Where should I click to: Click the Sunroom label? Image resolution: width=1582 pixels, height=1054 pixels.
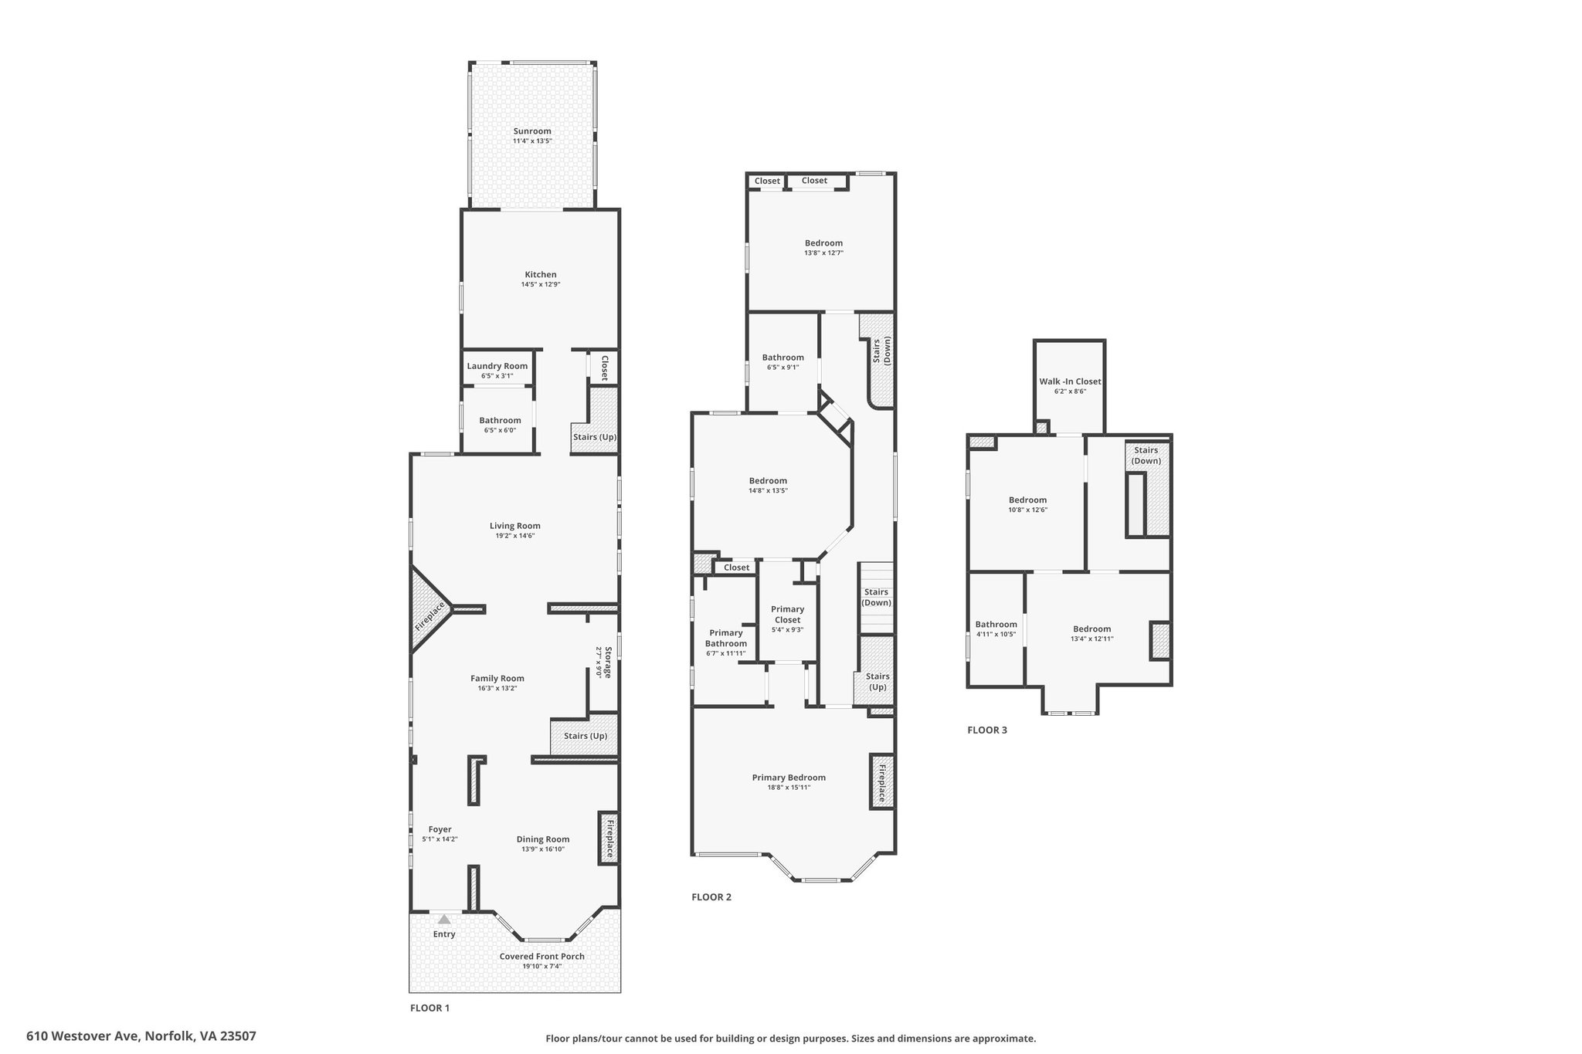[532, 131]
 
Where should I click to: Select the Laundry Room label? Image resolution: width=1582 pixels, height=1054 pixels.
[497, 366]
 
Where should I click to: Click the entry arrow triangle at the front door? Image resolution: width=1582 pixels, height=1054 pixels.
[444, 919]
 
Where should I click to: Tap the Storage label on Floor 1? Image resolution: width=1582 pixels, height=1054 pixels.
[608, 663]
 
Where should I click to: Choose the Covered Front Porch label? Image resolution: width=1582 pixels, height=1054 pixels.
[541, 956]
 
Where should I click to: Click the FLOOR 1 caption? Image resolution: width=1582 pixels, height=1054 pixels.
[429, 1008]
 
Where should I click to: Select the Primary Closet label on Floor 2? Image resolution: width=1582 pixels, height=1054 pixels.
[788, 615]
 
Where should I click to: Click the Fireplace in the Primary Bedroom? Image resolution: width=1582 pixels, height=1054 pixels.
[881, 781]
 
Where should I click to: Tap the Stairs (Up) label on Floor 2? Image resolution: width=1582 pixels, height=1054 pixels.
[878, 682]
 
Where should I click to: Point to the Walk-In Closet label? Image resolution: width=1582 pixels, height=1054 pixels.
[1070, 381]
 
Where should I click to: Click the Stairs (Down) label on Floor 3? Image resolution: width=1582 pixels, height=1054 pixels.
[1146, 456]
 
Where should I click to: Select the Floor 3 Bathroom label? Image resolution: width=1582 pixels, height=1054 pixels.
[996, 625]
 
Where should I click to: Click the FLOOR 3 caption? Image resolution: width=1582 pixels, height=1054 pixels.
[987, 730]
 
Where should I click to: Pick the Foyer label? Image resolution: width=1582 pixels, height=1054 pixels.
[440, 829]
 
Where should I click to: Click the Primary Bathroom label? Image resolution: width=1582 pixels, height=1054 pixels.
[726, 639]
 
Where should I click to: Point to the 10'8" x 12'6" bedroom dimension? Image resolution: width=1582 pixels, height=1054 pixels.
[1027, 510]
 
